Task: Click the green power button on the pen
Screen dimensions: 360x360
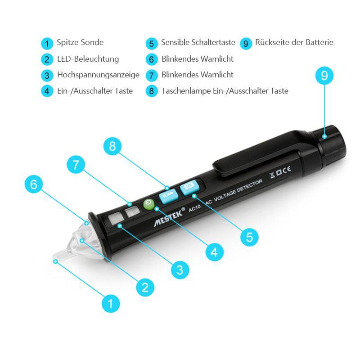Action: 149,204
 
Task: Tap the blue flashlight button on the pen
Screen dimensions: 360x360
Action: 169,196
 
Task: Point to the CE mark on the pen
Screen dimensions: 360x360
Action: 287,171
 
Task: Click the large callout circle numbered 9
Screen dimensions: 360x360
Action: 324,76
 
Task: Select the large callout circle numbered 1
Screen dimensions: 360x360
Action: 111,303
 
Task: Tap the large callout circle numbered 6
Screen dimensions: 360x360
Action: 34,184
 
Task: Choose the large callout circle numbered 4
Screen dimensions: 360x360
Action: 215,252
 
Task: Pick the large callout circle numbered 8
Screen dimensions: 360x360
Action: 112,146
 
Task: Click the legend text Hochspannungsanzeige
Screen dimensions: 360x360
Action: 98,75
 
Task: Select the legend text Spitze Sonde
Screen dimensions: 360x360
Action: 80,42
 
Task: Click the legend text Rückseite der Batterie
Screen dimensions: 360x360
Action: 294,42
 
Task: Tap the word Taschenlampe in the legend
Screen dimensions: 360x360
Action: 186,91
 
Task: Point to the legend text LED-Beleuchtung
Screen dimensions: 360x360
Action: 88,59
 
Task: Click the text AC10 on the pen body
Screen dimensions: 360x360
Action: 195,208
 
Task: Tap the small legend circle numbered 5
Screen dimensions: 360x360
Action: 152,44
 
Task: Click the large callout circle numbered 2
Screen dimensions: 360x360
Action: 145,287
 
